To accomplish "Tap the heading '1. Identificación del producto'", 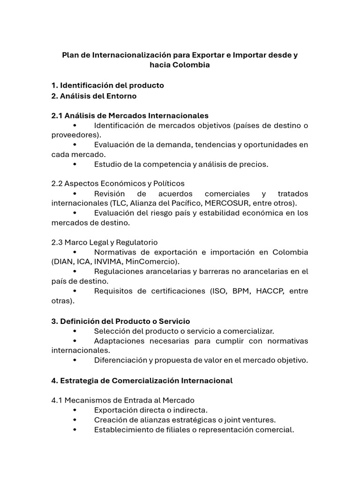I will point(107,85).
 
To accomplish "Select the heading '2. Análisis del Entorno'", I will point(94,96).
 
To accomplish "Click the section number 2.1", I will point(57,115).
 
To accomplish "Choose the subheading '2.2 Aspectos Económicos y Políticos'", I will point(118,183).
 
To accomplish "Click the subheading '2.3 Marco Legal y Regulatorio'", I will point(104,242).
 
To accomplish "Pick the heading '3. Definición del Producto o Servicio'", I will point(120,321).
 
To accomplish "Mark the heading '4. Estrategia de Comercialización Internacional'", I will point(142,380).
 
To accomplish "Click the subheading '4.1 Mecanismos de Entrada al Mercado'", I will point(122,400).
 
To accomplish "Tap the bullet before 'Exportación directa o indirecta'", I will point(75,410).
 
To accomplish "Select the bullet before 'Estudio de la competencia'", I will point(75,164).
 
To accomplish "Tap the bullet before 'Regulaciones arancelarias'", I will point(75,271).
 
